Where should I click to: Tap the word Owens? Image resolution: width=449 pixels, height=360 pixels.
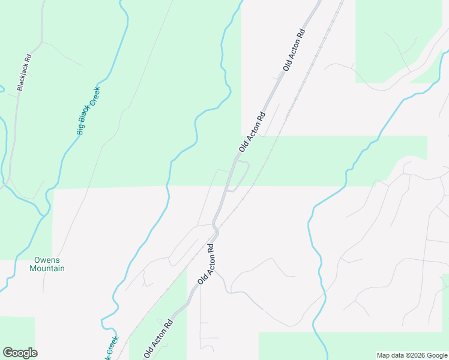[x=47, y=260]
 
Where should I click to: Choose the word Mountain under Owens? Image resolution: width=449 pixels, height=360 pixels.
[x=47, y=268]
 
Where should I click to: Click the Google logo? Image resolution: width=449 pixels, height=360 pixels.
[x=20, y=353]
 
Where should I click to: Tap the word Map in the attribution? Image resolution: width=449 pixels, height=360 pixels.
[x=384, y=355]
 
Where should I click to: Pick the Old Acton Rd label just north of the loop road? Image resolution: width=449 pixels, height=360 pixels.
[x=252, y=131]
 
